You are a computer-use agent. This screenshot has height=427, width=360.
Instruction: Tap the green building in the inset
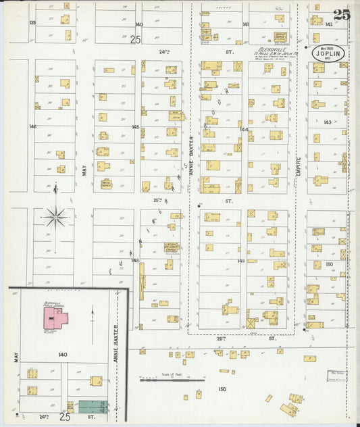tap(93, 406)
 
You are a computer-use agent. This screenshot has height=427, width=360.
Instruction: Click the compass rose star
tap(55, 218)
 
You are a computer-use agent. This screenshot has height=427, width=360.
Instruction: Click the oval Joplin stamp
tap(327, 54)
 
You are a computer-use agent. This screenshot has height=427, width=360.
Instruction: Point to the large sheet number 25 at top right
tap(341, 16)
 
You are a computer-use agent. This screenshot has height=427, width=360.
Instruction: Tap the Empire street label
tap(297, 166)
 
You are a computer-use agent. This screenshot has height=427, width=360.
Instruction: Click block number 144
tap(244, 129)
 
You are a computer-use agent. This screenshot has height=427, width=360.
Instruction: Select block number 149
tap(241, 260)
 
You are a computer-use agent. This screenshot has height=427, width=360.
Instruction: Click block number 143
tap(328, 122)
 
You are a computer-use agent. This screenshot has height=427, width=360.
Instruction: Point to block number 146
tap(32, 126)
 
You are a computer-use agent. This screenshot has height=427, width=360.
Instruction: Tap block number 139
tap(32, 23)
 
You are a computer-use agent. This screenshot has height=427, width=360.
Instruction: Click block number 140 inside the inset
tap(63, 354)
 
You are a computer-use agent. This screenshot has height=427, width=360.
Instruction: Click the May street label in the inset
tap(15, 357)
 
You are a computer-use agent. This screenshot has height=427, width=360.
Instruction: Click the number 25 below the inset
tap(64, 417)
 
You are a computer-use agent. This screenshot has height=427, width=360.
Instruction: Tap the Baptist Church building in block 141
tap(280, 37)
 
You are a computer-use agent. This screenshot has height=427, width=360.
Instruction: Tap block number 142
tap(329, 24)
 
